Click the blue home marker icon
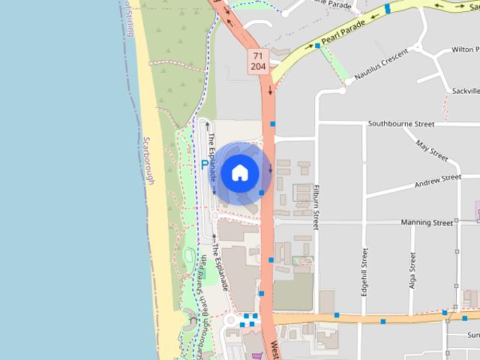click(x=239, y=173)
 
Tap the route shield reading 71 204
click(x=258, y=61)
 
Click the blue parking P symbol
click(x=205, y=164)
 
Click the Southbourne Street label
click(x=401, y=124)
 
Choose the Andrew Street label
click(x=437, y=181)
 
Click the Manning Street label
click(x=427, y=223)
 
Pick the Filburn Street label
click(x=317, y=202)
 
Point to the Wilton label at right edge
click(x=465, y=49)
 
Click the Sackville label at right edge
click(x=465, y=91)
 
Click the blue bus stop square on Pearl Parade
click(x=318, y=46)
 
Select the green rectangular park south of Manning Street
click(x=292, y=291)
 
